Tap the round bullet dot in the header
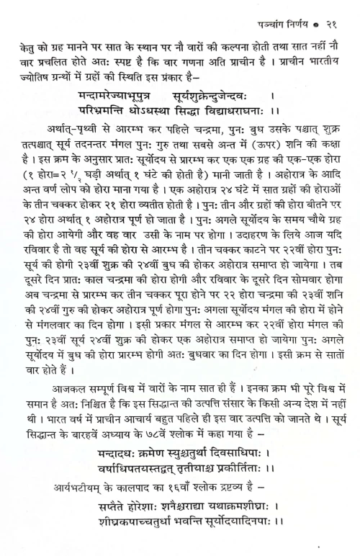click(317, 11)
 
